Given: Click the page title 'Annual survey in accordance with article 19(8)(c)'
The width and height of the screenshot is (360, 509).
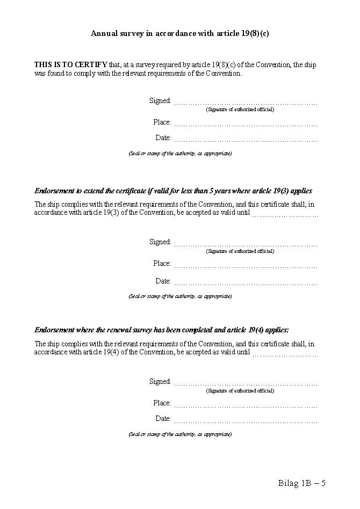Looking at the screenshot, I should [x=179, y=33].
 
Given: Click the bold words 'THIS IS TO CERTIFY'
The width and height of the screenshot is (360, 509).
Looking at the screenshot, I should [x=70, y=65].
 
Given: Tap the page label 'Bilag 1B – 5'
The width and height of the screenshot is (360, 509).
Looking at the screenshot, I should [x=301, y=483].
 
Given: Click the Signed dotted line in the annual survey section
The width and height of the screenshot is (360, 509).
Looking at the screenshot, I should [x=246, y=103].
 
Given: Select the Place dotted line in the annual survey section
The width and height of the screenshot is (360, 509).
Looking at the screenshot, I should [x=246, y=125].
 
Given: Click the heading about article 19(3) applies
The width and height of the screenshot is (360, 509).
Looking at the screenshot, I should [x=173, y=191].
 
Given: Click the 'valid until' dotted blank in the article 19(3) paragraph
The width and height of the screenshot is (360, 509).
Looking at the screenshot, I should [x=285, y=215].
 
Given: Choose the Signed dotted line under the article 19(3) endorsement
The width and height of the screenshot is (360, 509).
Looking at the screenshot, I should [x=246, y=244].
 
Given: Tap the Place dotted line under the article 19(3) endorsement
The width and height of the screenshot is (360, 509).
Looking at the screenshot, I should [x=246, y=266].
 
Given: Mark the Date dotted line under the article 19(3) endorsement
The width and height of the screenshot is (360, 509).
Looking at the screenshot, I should [x=246, y=283].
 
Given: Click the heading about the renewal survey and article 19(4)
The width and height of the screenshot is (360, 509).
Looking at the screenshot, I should [x=162, y=330].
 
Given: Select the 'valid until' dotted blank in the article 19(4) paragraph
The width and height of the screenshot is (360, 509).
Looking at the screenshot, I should [x=285, y=354].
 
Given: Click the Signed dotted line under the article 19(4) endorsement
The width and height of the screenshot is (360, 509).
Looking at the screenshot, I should [x=246, y=384].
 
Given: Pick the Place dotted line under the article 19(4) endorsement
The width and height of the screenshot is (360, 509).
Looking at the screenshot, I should [x=246, y=405].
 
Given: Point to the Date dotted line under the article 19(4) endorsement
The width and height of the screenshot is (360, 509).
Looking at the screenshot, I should [x=246, y=421].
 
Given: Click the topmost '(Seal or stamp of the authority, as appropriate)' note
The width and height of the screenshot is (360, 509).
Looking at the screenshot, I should [x=180, y=154].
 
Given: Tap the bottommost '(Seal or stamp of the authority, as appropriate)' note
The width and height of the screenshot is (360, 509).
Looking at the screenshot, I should [x=180, y=434].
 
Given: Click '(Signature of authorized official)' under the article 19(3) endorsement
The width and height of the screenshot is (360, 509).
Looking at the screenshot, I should [x=240, y=251].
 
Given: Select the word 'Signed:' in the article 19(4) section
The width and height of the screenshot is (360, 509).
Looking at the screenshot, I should [x=160, y=382].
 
